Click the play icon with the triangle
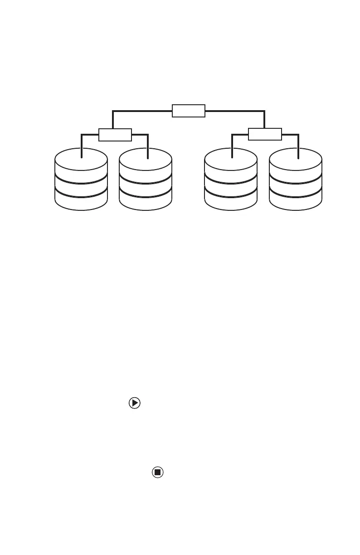pyautogui.click(x=135, y=403)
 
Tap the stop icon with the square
pyautogui.click(x=157, y=472)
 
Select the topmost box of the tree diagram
pyautogui.click(x=189, y=110)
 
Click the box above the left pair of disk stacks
pyautogui.click(x=115, y=135)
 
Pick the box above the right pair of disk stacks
pyautogui.click(x=265, y=135)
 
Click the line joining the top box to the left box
pyautogui.click(x=136, y=110)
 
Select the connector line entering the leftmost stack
pyautogui.click(x=82, y=145)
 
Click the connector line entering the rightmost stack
pyautogui.click(x=298, y=145)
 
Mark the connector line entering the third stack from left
pyautogui.click(x=232, y=145)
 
